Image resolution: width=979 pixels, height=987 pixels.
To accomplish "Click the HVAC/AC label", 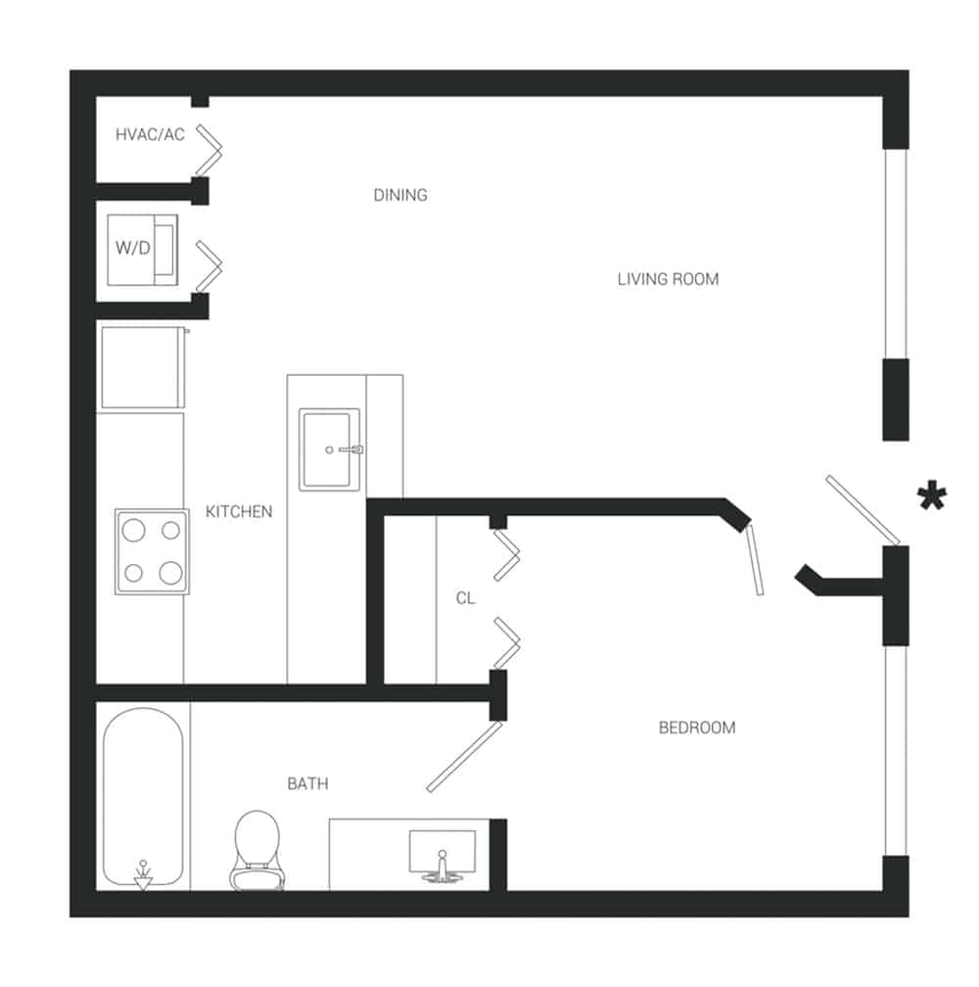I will (150, 135).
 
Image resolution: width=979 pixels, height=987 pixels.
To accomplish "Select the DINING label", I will (400, 195).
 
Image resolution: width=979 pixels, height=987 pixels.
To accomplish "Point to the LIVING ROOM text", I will (668, 279).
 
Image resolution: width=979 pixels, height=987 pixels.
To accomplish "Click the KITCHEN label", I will (239, 511).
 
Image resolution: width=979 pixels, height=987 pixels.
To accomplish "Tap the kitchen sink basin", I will (332, 449).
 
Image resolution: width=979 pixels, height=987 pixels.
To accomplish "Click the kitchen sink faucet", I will (351, 449).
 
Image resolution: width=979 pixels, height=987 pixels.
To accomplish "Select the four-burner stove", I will (152, 551).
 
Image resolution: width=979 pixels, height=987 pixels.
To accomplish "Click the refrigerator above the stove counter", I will (143, 367).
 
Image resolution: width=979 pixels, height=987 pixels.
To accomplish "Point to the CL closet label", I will (465, 597).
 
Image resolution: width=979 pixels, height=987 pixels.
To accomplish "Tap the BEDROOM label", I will (696, 728).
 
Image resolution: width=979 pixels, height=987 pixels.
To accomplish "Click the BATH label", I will (307, 783).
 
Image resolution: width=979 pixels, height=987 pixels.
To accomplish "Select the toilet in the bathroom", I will (257, 848).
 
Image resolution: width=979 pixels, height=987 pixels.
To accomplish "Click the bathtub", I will (143, 798).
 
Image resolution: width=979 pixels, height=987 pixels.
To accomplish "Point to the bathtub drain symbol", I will (143, 874).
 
